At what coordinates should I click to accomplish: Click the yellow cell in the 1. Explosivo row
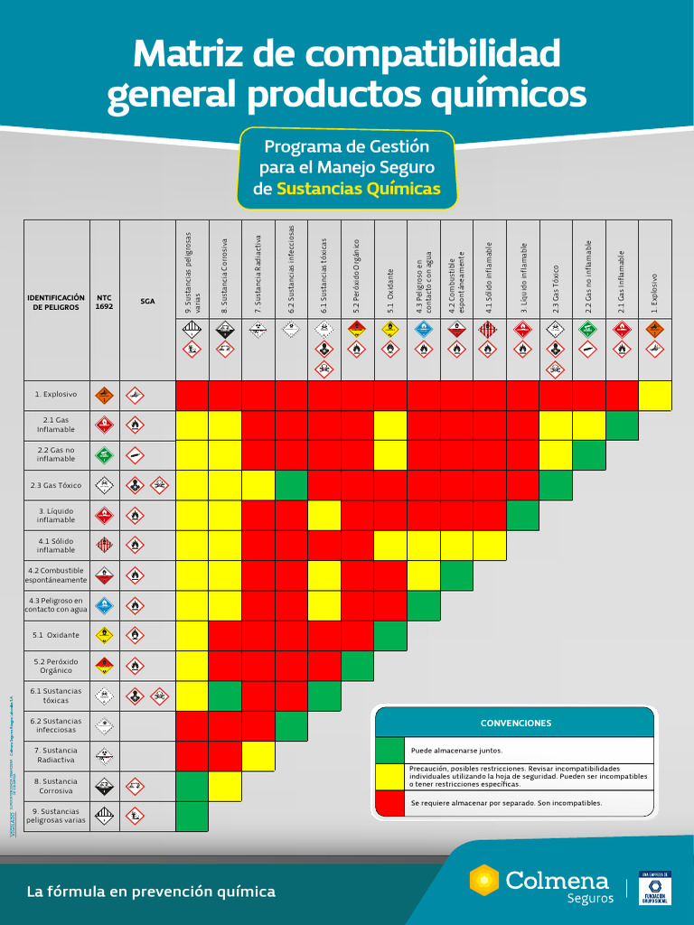655,396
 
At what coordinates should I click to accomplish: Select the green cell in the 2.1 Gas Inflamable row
622,425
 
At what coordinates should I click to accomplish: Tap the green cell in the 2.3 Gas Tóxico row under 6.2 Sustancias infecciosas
291,485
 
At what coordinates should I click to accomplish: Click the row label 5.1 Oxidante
56,635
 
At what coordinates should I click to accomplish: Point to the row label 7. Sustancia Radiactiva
56,755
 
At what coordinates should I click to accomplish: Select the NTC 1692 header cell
104,301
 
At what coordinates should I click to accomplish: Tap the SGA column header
146,301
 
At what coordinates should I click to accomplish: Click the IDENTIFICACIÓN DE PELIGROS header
56,302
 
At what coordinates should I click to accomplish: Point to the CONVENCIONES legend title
515,723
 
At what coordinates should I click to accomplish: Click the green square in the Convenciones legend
390,750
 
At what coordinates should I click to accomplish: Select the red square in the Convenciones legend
390,802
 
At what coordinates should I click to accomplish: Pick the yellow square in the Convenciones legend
390,776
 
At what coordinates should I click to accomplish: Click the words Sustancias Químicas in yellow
359,189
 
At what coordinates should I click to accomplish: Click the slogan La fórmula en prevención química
151,892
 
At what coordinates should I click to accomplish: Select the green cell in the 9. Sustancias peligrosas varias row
192,816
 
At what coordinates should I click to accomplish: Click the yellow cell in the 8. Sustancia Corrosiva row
225,786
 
